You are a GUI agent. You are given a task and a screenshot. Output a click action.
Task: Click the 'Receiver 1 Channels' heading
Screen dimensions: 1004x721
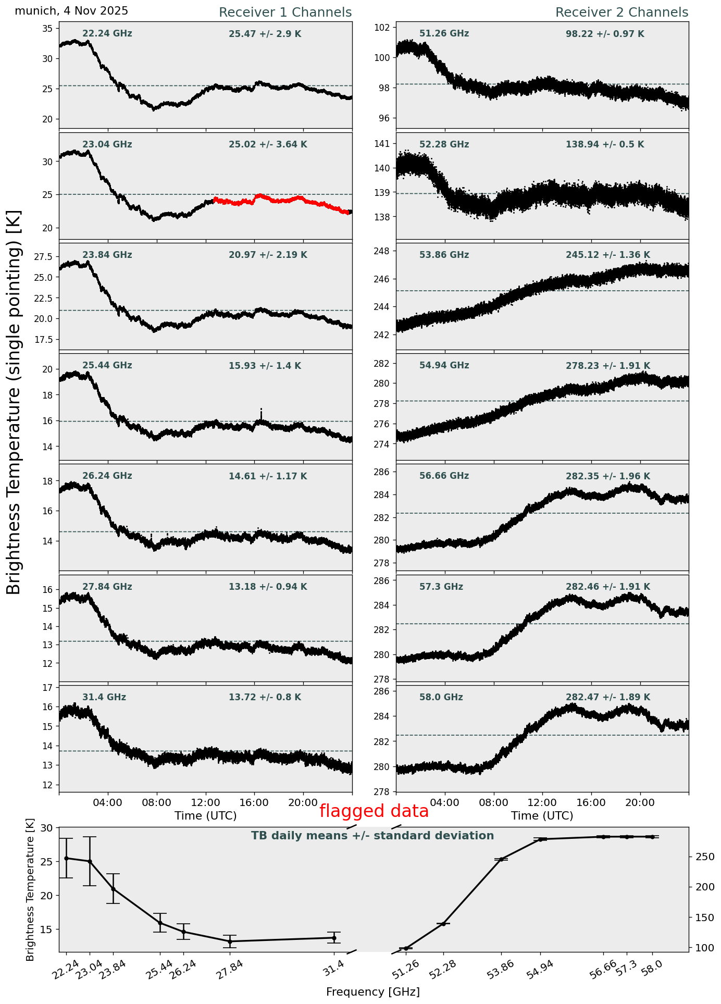(285, 13)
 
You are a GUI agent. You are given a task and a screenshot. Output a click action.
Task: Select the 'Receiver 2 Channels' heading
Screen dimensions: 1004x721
(621, 13)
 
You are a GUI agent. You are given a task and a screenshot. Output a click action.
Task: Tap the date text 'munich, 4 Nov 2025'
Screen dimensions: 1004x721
(71, 11)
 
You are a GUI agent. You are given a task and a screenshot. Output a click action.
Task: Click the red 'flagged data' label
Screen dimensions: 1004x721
(374, 811)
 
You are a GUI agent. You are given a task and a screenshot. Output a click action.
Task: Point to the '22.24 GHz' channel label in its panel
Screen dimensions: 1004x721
(107, 34)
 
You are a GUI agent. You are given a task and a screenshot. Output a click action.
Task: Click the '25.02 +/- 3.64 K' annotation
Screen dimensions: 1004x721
(268, 144)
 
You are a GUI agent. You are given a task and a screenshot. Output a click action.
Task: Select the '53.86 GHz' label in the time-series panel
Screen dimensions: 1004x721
(444, 255)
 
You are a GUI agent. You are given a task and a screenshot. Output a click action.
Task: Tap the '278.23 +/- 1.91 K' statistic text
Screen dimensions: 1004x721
(607, 366)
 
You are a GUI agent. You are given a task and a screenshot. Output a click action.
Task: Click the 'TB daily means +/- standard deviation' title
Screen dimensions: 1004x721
(372, 836)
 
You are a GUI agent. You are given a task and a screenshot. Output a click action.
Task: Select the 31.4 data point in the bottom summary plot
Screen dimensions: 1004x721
(334, 938)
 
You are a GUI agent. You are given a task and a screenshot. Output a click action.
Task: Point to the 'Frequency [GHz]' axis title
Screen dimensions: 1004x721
(372, 991)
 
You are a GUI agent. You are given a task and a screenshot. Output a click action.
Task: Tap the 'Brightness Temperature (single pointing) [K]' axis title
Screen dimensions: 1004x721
(14, 402)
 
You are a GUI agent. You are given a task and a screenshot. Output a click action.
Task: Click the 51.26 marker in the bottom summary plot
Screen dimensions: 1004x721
(406, 948)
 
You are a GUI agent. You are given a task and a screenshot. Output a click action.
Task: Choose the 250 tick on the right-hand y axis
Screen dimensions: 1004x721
(700, 857)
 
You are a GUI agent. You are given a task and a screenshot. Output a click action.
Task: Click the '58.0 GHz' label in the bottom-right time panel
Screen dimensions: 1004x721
(441, 697)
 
